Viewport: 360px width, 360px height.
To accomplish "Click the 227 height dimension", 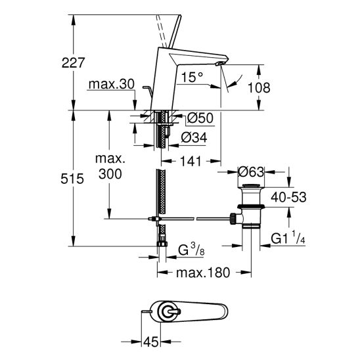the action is [73, 62].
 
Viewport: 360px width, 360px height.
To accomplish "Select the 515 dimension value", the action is [72, 179].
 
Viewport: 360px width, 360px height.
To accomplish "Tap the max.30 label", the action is [112, 84].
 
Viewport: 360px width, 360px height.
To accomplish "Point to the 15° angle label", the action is [192, 77].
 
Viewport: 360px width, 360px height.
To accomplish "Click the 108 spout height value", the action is [259, 87].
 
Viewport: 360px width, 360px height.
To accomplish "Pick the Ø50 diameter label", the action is [200, 118].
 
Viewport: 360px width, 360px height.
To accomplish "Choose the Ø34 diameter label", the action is [194, 137].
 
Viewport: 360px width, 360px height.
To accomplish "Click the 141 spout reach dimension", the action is [191, 161].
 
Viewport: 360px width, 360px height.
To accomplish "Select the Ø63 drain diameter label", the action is [251, 172].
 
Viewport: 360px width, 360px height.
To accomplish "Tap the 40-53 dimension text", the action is [288, 197].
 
